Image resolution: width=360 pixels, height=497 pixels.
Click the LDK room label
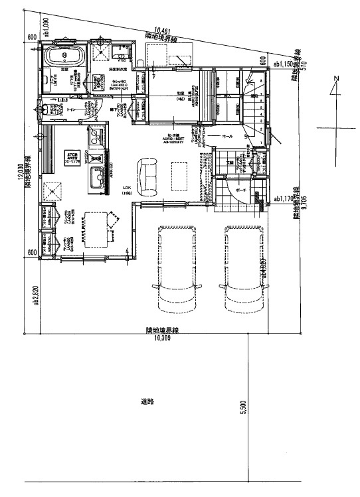tap(126, 188)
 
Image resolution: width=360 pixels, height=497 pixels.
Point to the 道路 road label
tap(147, 401)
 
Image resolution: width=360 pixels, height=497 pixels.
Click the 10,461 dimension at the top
tap(163, 29)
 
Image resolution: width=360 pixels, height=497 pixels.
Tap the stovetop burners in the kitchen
tap(95, 137)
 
